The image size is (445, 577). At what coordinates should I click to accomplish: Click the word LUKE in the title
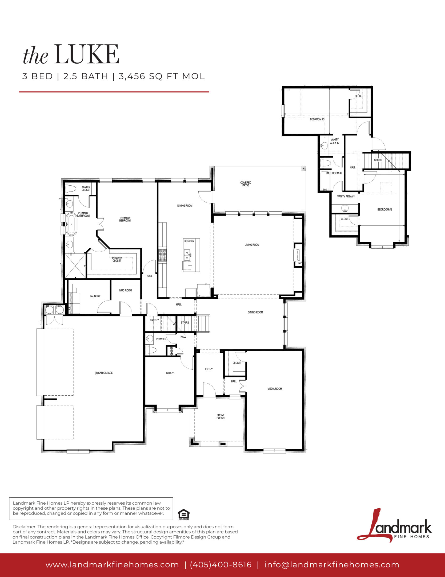tap(87, 54)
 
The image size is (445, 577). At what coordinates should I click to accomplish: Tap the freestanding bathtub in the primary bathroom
tap(71, 224)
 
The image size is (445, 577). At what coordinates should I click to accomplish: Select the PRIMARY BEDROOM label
tap(125, 219)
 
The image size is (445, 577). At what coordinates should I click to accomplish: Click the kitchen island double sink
tap(187, 255)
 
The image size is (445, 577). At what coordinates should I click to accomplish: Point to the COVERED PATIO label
tap(246, 184)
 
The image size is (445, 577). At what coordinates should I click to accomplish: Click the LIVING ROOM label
tap(252, 245)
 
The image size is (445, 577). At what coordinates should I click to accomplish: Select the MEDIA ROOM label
tap(275, 389)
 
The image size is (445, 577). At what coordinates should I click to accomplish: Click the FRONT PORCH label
tap(221, 416)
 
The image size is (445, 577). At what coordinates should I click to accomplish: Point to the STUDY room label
tap(170, 373)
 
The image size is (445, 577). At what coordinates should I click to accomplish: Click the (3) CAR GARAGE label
tap(104, 373)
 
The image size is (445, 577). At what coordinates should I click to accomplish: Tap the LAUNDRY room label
tap(95, 296)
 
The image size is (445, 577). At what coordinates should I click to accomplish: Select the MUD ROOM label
tap(126, 290)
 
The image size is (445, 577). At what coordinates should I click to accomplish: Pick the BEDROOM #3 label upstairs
tap(317, 119)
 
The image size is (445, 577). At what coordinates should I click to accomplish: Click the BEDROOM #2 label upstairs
tap(384, 209)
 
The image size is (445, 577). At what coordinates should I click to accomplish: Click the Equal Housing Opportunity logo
tap(184, 515)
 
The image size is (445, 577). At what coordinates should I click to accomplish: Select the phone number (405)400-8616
tap(221, 565)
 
